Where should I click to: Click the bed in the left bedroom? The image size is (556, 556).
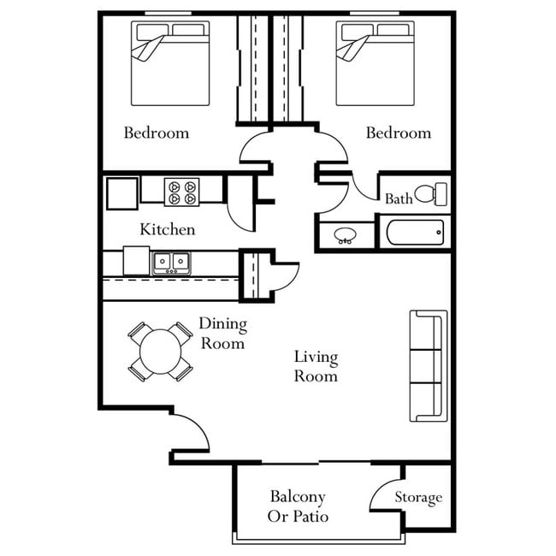pyautogui.click(x=170, y=64)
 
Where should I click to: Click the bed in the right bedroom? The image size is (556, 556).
pyautogui.click(x=375, y=64)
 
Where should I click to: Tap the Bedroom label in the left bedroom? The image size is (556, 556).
pyautogui.click(x=157, y=133)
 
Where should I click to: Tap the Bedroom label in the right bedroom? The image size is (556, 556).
pyautogui.click(x=399, y=133)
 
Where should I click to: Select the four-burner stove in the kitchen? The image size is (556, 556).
pyautogui.click(x=181, y=192)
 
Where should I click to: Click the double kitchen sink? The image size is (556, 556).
pyautogui.click(x=172, y=262)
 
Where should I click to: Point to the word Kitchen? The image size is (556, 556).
pyautogui.click(x=168, y=229)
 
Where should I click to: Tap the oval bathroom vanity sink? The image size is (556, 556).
pyautogui.click(x=346, y=234)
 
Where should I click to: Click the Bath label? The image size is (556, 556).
pyautogui.click(x=399, y=199)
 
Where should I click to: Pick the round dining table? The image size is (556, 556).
pyautogui.click(x=161, y=352)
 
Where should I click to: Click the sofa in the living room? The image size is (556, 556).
pyautogui.click(x=429, y=366)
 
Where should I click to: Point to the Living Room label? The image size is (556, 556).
pyautogui.click(x=316, y=366)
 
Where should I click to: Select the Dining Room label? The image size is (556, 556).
pyautogui.click(x=222, y=334)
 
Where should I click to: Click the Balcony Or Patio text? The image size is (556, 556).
pyautogui.click(x=299, y=506)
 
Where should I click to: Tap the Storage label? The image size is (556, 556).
pyautogui.click(x=418, y=497)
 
